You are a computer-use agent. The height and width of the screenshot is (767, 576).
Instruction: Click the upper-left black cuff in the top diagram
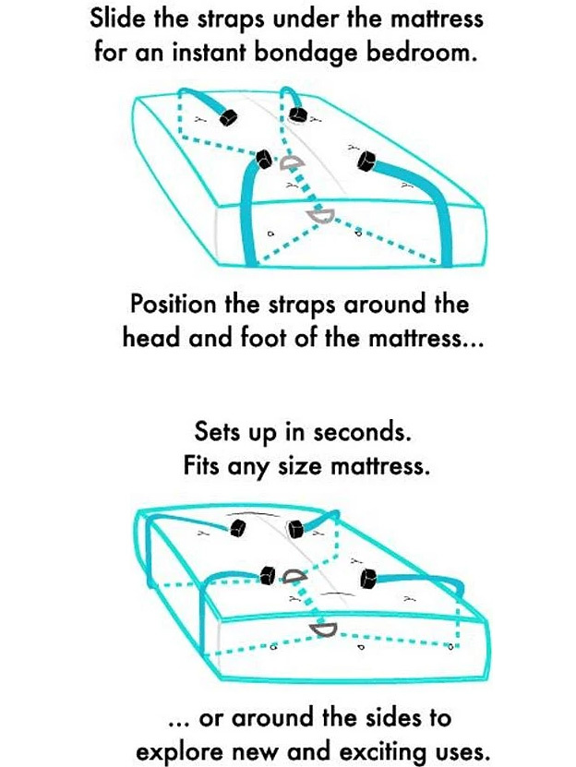pyautogui.click(x=228, y=117)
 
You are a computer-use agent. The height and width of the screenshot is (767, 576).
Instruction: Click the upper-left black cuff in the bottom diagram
pyautogui.click(x=237, y=528)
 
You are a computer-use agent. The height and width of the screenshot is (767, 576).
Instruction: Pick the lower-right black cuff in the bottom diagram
pyautogui.click(x=369, y=578)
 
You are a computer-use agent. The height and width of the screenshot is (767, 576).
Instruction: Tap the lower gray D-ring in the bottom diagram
pyautogui.click(x=323, y=629)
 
